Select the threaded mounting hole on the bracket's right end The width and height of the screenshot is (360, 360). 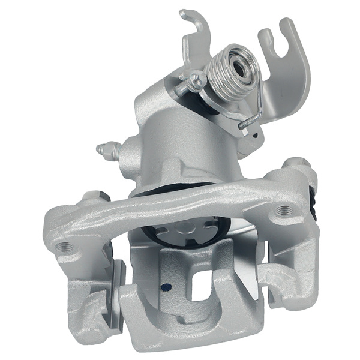(x=283, y=210)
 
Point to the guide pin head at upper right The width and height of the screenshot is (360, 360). (x=295, y=165)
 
